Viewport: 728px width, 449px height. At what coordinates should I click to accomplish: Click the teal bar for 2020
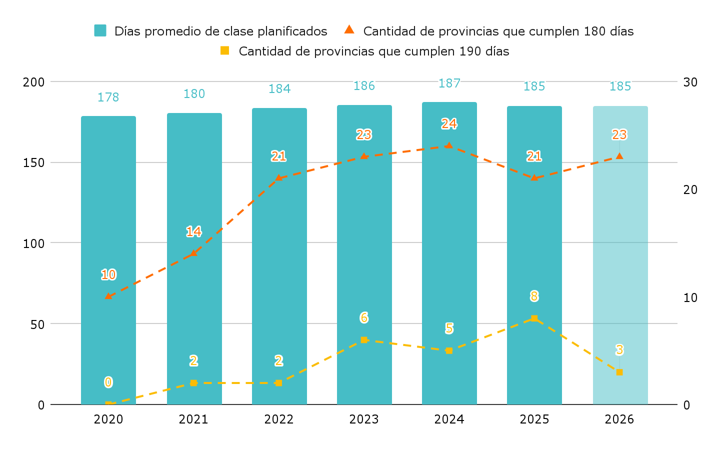coord(108,260)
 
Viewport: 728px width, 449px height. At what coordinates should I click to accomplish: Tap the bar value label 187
coord(449,83)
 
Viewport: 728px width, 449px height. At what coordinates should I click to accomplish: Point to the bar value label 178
coord(108,97)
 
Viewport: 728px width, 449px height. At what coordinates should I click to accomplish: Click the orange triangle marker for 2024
coord(449,145)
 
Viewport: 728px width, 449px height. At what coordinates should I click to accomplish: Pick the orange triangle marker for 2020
coord(108,296)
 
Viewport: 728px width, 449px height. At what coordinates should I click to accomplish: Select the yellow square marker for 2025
coord(534,318)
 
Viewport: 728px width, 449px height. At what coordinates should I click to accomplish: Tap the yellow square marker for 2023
coord(364,340)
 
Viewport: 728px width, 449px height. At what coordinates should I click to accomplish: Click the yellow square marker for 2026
coord(619,372)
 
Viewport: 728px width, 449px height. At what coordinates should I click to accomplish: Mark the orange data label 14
coord(194,231)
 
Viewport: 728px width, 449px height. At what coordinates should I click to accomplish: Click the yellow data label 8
coord(534,296)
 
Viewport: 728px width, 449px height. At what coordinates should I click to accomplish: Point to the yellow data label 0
coord(108,382)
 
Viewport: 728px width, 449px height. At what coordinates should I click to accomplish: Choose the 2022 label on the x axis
coord(279,419)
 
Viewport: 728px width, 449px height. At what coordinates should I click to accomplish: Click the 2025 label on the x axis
coord(534,419)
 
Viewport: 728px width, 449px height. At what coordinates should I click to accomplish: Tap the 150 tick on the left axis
coord(34,163)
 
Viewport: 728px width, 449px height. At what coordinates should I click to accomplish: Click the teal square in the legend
coord(100,31)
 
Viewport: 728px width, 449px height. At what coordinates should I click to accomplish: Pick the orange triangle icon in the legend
coord(349,30)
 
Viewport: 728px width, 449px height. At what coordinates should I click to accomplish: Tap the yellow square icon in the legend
coord(225,50)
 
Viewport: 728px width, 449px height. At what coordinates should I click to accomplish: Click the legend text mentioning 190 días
coord(374,51)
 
